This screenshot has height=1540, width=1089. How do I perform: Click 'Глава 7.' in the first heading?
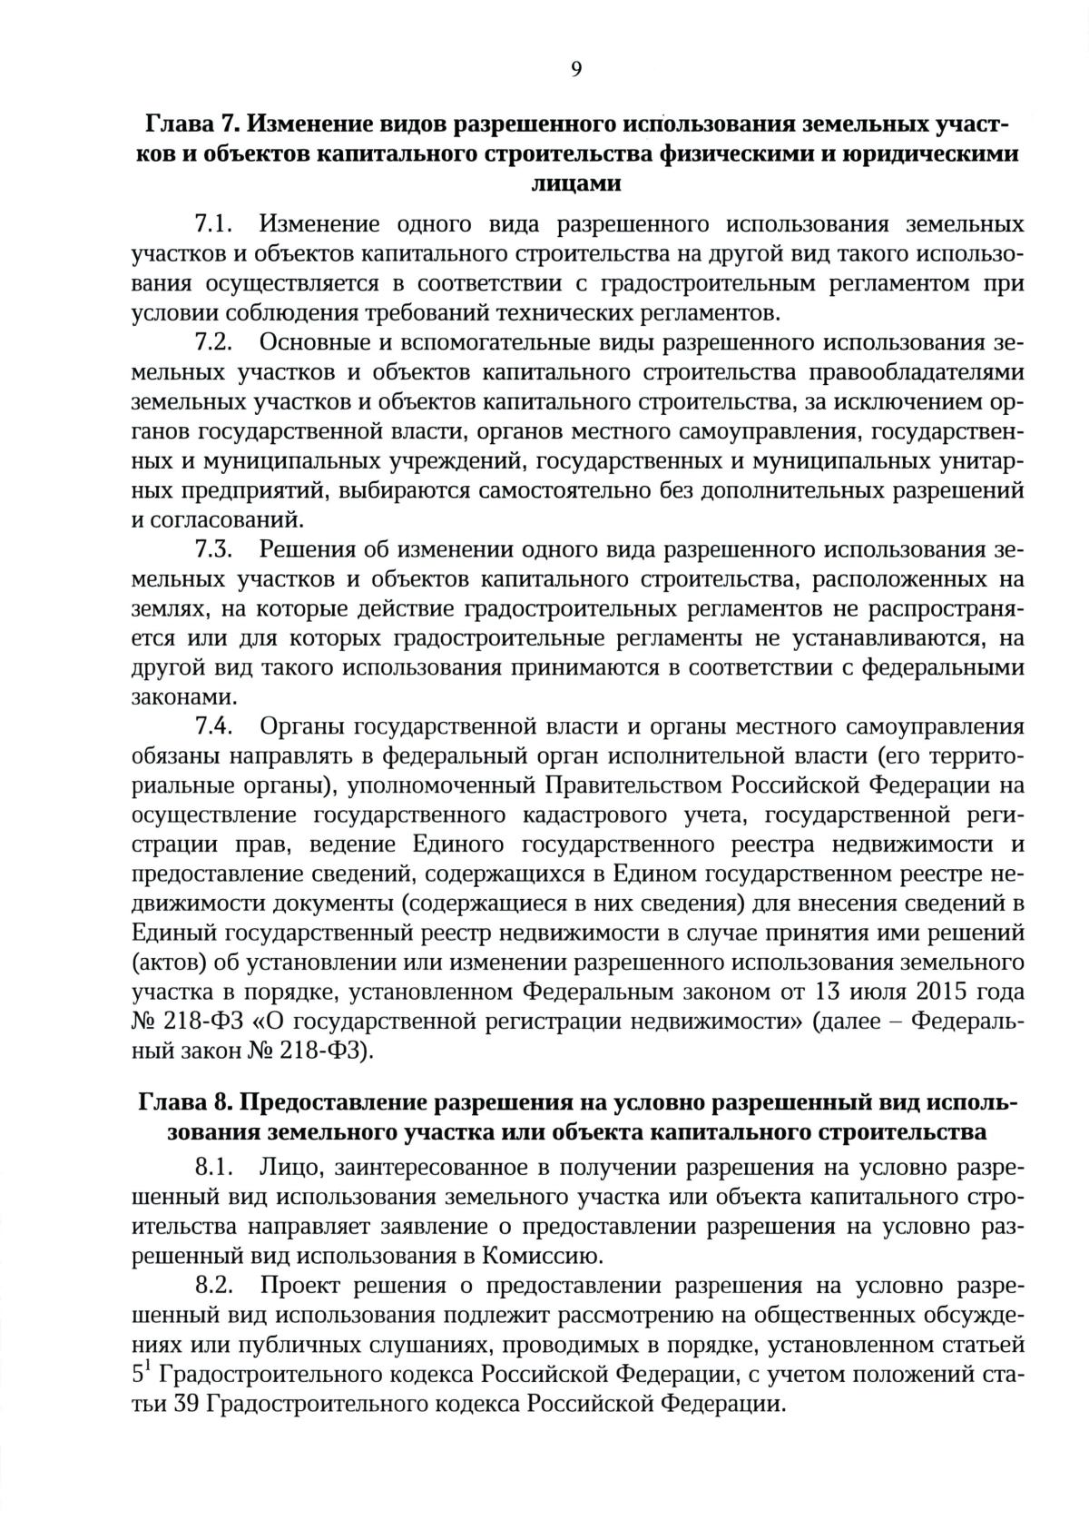[x=191, y=123]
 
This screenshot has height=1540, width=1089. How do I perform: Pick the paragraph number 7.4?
[x=214, y=726]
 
